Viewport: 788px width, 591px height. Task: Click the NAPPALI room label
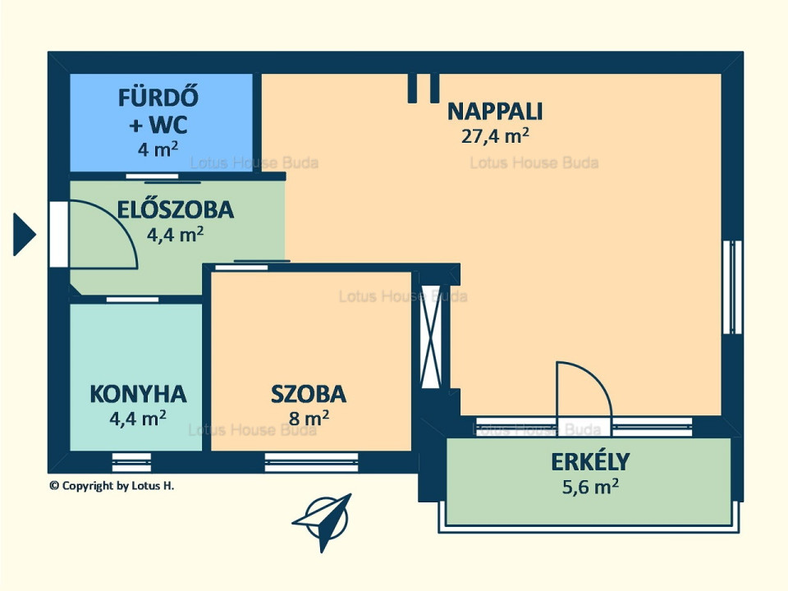[x=494, y=112]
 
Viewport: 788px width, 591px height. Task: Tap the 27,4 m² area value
[x=494, y=135]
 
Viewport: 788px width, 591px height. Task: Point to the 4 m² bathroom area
[x=158, y=149]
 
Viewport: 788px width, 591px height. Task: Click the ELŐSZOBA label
[x=176, y=208]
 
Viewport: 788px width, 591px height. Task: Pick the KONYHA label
[x=138, y=395]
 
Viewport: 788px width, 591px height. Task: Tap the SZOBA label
[x=309, y=395]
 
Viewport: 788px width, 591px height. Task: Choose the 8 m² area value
[x=309, y=418]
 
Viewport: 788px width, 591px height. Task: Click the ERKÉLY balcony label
[x=590, y=461]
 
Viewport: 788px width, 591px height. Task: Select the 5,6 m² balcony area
[x=590, y=487]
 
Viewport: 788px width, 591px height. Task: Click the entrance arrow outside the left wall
[x=24, y=234]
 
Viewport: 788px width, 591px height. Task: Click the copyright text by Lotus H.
[x=112, y=485]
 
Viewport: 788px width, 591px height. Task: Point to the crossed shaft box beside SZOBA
[x=431, y=337]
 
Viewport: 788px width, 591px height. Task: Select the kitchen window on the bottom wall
[x=131, y=462]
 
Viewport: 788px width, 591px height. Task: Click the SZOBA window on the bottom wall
[x=312, y=462]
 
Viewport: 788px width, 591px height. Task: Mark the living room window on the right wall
[x=733, y=287]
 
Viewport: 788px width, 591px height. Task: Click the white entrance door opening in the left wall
[x=59, y=234]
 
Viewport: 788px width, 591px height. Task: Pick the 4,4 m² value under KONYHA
[x=138, y=418]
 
